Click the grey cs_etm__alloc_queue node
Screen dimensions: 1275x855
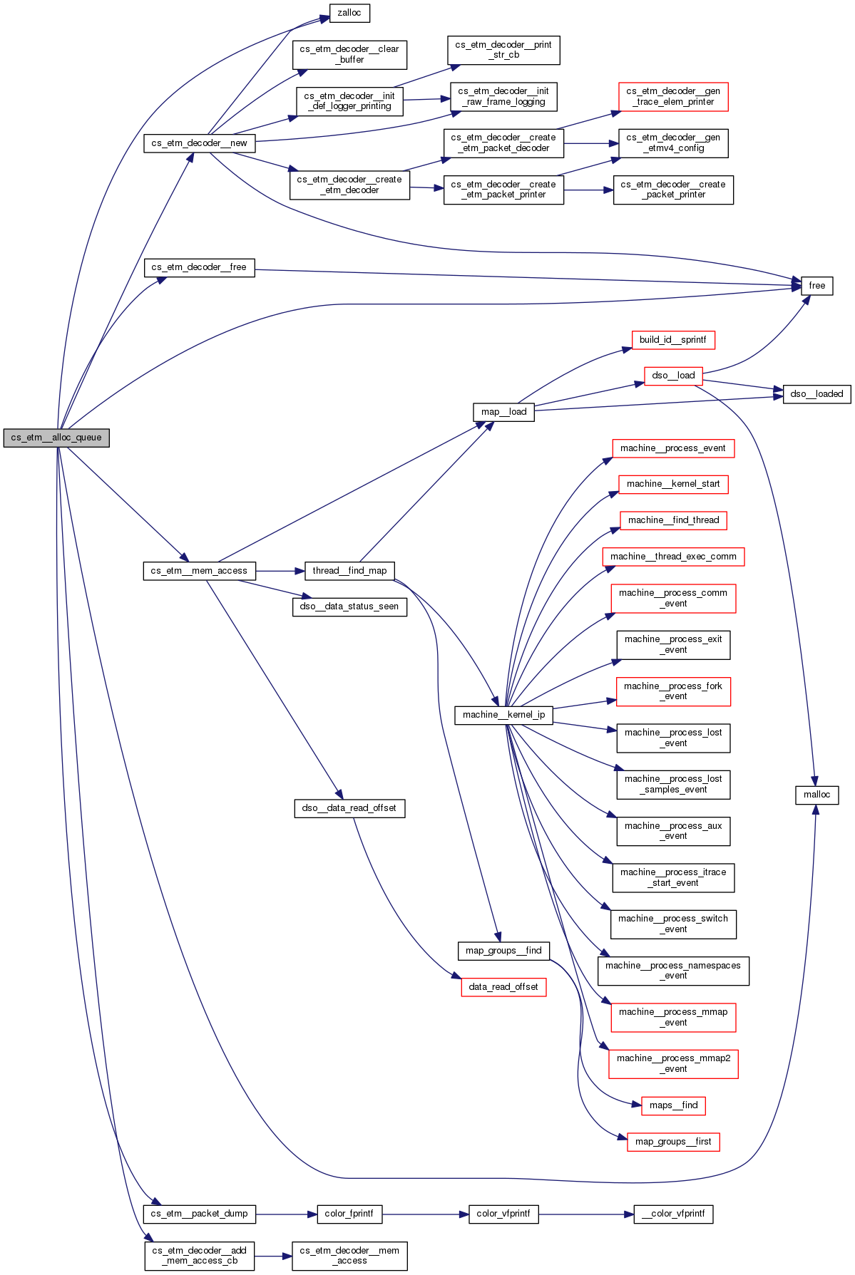56,438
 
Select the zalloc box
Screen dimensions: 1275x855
349,13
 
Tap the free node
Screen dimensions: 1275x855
816,286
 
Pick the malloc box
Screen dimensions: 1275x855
816,795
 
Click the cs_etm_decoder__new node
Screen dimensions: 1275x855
199,143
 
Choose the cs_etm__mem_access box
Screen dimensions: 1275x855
199,571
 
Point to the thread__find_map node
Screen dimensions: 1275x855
349,571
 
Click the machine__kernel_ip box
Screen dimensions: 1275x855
503,715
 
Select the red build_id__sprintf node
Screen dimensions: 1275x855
672,340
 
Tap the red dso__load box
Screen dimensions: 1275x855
673,376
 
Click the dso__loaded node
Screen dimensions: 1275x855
816,394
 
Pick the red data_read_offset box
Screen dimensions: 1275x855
503,987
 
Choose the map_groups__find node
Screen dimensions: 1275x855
503,951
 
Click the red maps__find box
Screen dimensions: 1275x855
673,1105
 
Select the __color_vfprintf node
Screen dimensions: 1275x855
673,1214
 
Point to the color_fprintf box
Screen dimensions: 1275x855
349,1214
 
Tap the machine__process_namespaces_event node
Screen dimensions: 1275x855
673,971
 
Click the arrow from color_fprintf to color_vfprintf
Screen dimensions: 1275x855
425,1214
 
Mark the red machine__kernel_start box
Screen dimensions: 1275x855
673,484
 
